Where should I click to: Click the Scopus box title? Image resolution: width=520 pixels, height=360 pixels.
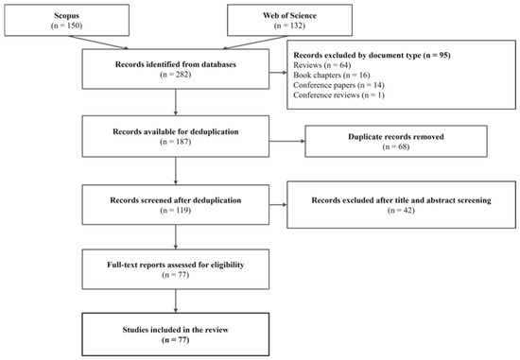67,15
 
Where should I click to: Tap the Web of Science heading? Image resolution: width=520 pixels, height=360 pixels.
289,15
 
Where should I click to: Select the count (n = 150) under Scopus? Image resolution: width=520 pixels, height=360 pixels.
67,26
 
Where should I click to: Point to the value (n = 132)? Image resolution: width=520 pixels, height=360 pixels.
289,26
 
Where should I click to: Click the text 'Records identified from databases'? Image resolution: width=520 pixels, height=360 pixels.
176,64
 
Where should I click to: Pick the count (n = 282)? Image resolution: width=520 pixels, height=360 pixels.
176,75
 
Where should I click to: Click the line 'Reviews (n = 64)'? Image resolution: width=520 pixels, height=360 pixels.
322,65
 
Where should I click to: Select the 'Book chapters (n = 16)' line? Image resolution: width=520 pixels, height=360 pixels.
332,75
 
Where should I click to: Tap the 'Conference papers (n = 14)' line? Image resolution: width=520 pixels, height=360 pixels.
338,85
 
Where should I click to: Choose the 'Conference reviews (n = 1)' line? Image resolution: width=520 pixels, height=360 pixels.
338,95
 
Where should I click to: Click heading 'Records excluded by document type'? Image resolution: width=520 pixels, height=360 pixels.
357,55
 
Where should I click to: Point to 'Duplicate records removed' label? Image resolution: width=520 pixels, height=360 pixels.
396,137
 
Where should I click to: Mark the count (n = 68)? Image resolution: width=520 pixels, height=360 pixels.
396,146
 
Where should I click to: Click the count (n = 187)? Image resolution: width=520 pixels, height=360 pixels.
176,142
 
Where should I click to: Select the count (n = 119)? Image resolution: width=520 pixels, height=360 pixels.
176,210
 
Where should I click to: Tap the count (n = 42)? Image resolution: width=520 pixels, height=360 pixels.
401,210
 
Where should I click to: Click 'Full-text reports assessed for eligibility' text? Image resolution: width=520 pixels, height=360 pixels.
176,265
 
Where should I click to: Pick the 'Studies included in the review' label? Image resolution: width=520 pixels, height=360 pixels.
176,330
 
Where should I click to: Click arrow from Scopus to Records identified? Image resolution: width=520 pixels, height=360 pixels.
98,43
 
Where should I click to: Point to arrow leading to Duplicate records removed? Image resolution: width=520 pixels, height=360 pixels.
287,141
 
